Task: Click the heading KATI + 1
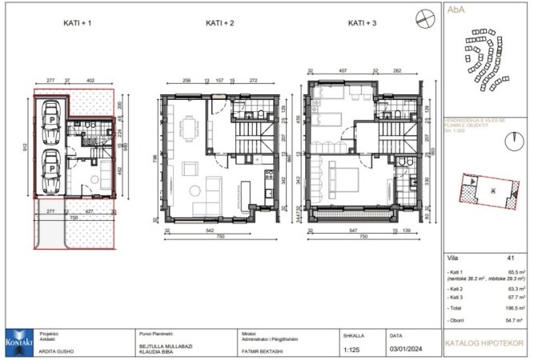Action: pos(78,23)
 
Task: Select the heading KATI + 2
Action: pos(219,23)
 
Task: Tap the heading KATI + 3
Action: pos(363,23)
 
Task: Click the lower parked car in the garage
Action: pos(50,168)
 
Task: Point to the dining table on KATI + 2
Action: pos(189,129)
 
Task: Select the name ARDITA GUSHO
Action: pos(57,350)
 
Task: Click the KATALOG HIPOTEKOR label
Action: pos(487,346)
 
